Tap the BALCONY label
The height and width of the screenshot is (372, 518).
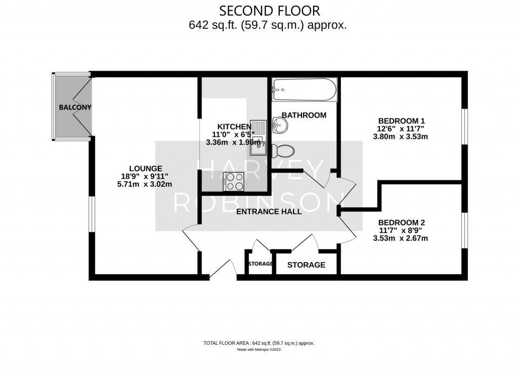[75, 107]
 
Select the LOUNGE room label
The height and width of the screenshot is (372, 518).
[145, 169]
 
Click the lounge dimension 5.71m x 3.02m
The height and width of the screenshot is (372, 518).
[145, 184]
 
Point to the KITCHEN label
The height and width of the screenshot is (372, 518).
[234, 127]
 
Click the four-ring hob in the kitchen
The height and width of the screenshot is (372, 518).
[234, 181]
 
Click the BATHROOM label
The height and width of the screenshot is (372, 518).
[304, 115]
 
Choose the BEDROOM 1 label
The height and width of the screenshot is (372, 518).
[401, 121]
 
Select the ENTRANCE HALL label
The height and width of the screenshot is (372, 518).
[269, 211]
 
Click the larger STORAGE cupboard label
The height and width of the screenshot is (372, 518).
[306, 265]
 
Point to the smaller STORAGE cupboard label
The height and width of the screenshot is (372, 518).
[261, 264]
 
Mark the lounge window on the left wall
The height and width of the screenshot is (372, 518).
[92, 214]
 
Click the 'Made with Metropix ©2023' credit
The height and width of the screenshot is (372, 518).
[258, 350]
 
